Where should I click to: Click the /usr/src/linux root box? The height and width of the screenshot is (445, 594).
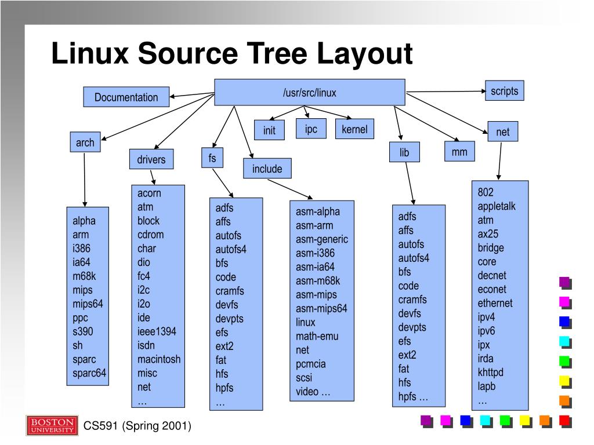point(309,93)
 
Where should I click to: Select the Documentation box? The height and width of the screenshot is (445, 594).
point(126,97)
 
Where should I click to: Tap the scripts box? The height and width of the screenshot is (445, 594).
point(504,91)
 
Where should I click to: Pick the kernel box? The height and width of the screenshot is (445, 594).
point(354,129)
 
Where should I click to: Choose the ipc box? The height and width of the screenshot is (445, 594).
point(311,129)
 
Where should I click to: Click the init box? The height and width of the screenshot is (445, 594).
point(269,130)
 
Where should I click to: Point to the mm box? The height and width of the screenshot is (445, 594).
point(459,152)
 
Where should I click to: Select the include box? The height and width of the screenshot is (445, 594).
point(267,169)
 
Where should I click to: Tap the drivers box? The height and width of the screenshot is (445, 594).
point(151,159)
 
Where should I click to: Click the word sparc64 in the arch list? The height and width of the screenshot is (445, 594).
point(89,373)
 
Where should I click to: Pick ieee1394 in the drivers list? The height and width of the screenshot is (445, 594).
point(157,331)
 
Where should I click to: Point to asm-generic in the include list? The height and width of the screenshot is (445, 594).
point(322,239)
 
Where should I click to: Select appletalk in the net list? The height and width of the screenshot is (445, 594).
point(497,206)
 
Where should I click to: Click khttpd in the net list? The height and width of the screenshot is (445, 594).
point(491,373)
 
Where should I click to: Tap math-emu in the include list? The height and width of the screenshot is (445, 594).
point(317,336)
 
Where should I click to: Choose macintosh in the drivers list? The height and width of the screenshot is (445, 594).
point(159,359)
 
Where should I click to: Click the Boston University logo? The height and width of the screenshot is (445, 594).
point(51,425)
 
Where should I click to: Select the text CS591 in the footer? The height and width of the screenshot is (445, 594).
point(101,426)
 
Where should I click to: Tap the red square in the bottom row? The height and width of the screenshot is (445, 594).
point(564,421)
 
